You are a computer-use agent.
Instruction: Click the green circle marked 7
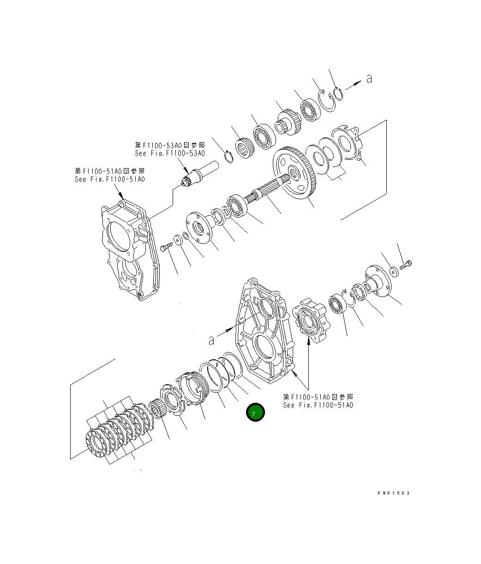tap(255, 412)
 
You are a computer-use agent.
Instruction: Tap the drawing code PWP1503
tap(393, 493)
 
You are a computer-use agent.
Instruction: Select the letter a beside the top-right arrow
tap(369, 79)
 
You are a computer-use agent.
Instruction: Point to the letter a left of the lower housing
tap(211, 340)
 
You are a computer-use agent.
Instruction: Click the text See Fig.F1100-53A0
tap(170, 153)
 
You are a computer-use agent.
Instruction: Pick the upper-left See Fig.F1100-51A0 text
tap(109, 179)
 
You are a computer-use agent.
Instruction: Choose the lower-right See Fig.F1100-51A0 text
tap(318, 405)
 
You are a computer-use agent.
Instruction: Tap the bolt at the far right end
tap(406, 265)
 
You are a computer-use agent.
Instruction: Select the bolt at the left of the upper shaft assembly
tap(166, 249)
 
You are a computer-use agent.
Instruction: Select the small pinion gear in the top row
tap(287, 121)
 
